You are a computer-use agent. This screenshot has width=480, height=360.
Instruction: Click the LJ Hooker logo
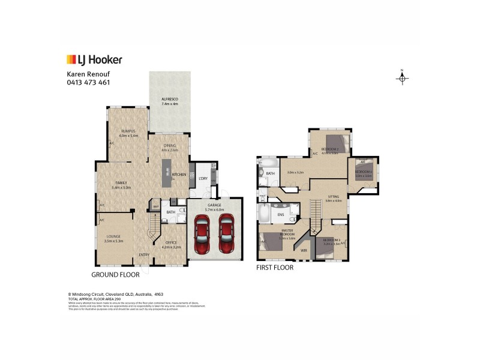(94, 59)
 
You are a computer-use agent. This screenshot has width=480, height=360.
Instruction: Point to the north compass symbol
(403, 77)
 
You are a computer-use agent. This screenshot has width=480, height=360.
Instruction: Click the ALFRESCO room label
(170, 99)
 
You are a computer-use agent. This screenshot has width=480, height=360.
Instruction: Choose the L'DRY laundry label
(202, 178)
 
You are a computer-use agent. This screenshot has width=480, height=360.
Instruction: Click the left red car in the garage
(202, 236)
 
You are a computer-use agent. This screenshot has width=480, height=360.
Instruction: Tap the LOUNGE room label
(113, 238)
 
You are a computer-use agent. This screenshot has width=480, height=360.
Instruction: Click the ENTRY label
(145, 255)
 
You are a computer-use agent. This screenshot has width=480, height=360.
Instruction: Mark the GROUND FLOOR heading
(115, 274)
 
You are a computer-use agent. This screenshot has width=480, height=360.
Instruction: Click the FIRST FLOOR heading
(275, 268)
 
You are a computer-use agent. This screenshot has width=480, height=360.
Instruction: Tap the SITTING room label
(333, 196)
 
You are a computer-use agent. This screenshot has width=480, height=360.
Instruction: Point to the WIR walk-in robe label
(304, 250)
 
